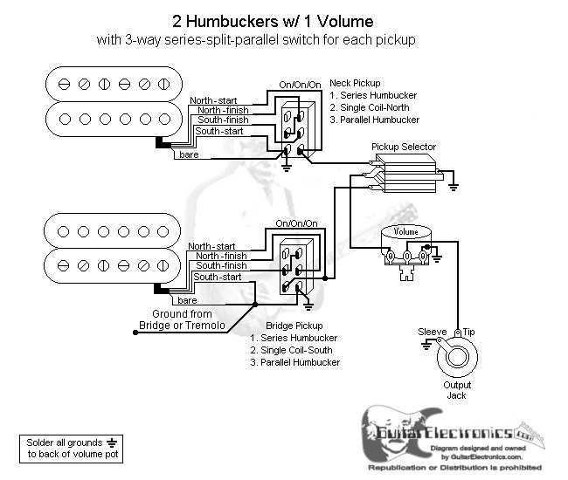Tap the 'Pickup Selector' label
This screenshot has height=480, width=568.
click(403, 147)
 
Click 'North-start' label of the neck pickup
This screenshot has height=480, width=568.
click(211, 100)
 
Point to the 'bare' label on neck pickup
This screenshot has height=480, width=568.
click(189, 154)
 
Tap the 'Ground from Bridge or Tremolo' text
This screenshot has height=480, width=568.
click(182, 319)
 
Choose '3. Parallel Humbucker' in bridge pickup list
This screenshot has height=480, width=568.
click(294, 362)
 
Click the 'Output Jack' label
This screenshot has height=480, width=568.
click(457, 390)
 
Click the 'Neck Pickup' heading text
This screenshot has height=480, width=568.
click(353, 83)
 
